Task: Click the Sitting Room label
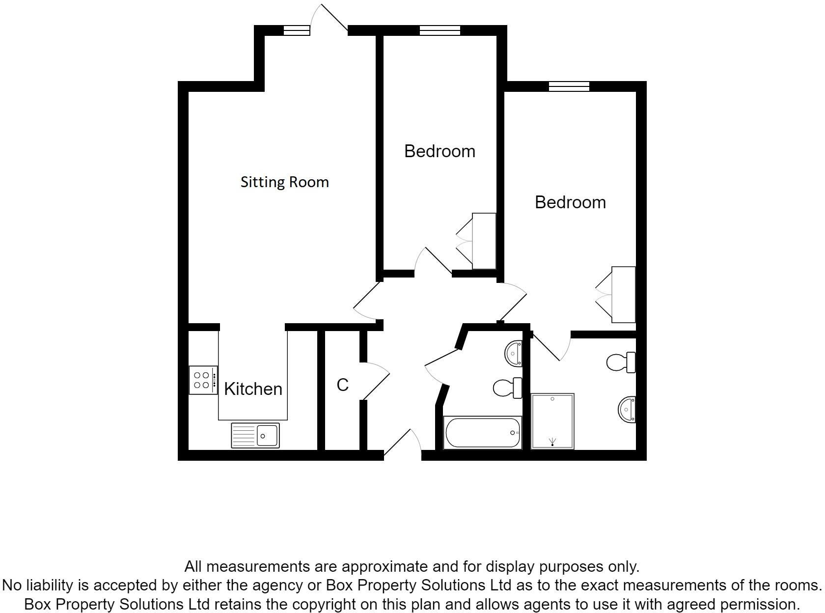[x=284, y=182]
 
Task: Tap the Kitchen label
[x=253, y=389]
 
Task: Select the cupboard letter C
[x=342, y=385]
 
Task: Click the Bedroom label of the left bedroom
[x=440, y=151]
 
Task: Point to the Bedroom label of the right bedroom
[x=570, y=202]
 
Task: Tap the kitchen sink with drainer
[x=255, y=435]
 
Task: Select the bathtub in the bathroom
[x=483, y=432]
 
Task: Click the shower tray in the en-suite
[x=552, y=421]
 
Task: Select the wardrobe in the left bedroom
[x=484, y=241]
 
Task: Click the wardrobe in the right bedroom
[x=623, y=295]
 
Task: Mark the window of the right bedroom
[x=569, y=86]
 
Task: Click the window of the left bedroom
[x=440, y=30]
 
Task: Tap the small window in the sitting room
[x=297, y=30]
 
